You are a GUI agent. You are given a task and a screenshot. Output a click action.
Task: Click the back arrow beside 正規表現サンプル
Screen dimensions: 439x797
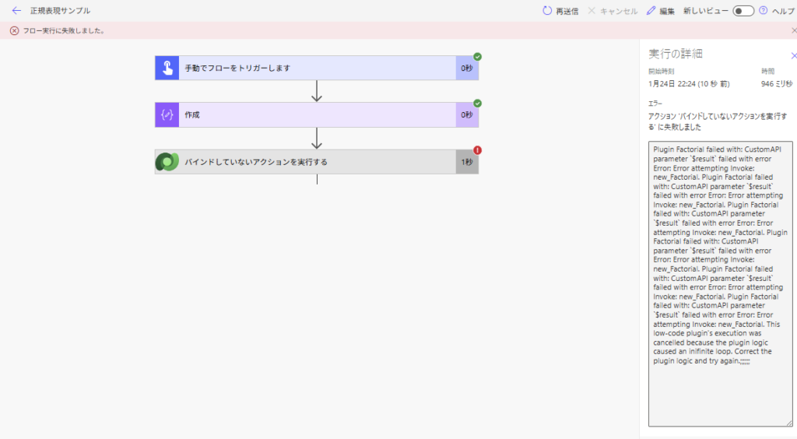tap(16, 11)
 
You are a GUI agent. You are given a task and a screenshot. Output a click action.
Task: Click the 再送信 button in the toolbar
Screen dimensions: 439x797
tap(560, 11)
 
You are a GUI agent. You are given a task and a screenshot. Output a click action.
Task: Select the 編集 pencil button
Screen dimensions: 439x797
tap(661, 11)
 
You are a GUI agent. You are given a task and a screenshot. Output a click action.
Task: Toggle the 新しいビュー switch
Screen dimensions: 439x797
tap(743, 11)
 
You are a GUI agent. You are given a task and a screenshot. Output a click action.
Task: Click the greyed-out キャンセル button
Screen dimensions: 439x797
tap(613, 11)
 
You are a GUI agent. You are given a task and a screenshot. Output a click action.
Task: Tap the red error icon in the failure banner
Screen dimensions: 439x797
tap(14, 31)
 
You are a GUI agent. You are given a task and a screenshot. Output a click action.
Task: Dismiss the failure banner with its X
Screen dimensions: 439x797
tap(794, 31)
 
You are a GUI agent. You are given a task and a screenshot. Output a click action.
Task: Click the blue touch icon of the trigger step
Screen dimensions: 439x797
tap(167, 68)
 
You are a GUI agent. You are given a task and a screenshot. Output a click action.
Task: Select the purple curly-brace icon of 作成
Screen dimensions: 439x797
tap(167, 114)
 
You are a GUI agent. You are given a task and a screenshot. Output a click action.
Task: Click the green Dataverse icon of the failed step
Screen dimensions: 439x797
tap(167, 162)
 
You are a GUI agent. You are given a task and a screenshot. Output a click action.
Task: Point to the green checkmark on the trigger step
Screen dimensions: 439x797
tap(478, 57)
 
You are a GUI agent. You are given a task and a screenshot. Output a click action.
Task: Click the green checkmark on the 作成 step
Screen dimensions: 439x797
tap(478, 104)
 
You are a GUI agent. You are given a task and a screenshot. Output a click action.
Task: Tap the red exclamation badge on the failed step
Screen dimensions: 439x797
tap(478, 150)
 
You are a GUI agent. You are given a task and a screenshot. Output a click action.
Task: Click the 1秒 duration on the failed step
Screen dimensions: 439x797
tap(467, 162)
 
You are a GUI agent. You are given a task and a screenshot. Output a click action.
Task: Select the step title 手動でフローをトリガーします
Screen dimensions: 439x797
tap(237, 68)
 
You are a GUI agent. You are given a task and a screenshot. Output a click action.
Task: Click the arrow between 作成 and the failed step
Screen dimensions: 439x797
tap(317, 139)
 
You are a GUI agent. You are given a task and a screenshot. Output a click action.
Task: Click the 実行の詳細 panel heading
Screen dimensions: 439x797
tap(676, 54)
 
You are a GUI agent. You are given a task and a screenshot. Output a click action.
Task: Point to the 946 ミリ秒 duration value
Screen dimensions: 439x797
tap(777, 83)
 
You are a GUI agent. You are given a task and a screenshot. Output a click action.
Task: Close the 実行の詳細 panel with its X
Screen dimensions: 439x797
tap(793, 55)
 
